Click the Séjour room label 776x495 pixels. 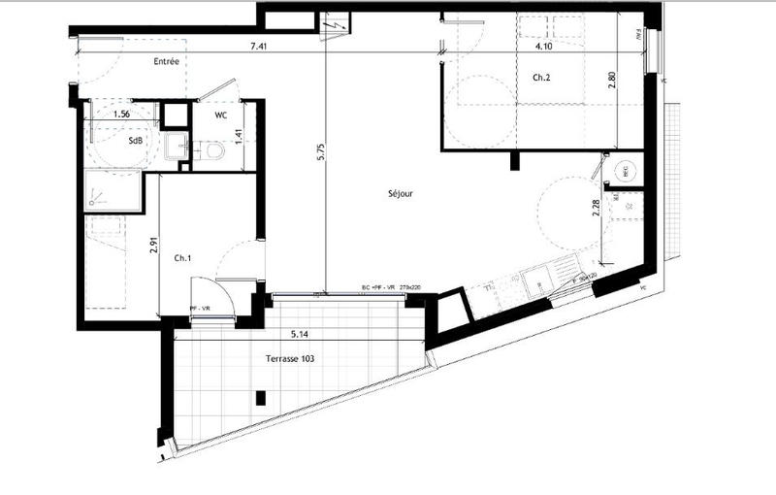(400, 194)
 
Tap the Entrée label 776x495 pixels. (167, 61)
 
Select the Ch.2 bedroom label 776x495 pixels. (541, 77)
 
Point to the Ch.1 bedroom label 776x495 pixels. (182, 258)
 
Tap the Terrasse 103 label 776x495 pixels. (290, 358)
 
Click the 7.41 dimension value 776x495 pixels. (258, 46)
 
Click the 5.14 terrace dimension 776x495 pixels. (301, 335)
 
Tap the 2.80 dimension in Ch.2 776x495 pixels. (611, 82)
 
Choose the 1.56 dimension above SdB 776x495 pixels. (122, 115)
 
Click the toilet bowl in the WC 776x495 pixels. (214, 151)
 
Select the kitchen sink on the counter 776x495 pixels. (535, 282)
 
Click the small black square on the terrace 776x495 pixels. (259, 396)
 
